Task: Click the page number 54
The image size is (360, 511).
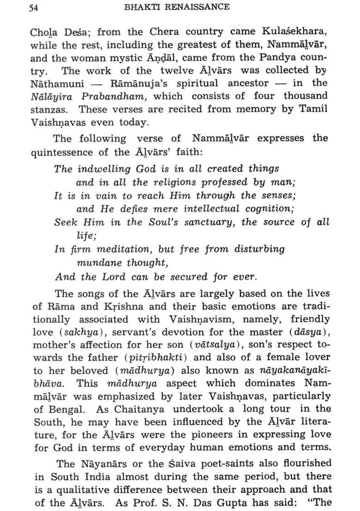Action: (33, 7)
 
